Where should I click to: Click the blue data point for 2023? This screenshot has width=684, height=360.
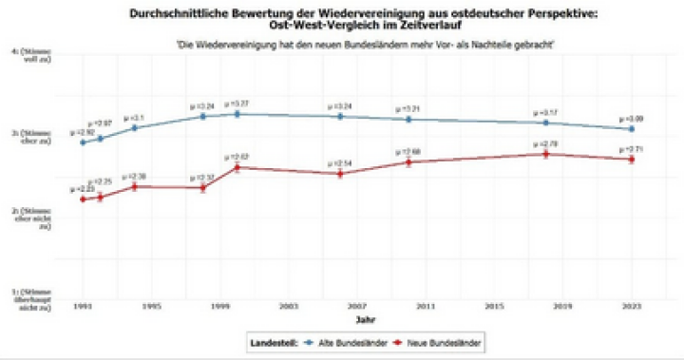pos(632,128)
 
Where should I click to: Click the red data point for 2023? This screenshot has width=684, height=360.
pos(632,159)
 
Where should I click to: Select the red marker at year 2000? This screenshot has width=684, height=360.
pos(237,167)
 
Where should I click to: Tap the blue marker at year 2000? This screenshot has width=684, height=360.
pos(237,114)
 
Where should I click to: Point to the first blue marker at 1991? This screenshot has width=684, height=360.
pos(83,142)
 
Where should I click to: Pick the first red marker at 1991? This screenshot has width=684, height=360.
pos(83,199)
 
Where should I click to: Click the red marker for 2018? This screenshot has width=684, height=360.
pos(545,154)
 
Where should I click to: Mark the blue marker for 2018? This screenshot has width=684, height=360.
pos(545,123)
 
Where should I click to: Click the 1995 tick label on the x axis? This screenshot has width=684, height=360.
pos(151,308)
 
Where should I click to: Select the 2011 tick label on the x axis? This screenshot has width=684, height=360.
pos(426,308)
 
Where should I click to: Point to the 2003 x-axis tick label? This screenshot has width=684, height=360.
pos(289,308)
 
